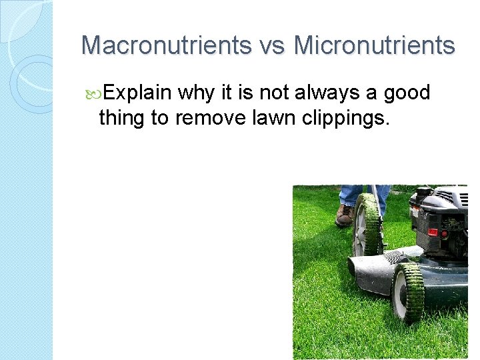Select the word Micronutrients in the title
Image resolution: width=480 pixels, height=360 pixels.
374,45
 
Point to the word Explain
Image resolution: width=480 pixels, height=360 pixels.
138,93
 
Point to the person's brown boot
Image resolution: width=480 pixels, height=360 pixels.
345,215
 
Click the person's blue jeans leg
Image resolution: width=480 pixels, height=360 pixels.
351,195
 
